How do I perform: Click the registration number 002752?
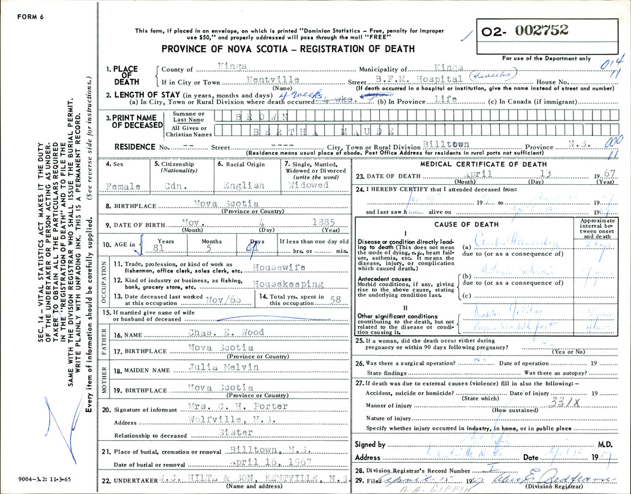[x=543, y=30]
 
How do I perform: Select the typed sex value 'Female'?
[x=123, y=186]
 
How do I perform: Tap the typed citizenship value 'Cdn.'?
[x=178, y=185]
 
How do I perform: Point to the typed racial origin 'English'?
[x=244, y=185]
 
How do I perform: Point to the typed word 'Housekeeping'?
[x=288, y=285]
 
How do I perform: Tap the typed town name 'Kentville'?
[x=272, y=80]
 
